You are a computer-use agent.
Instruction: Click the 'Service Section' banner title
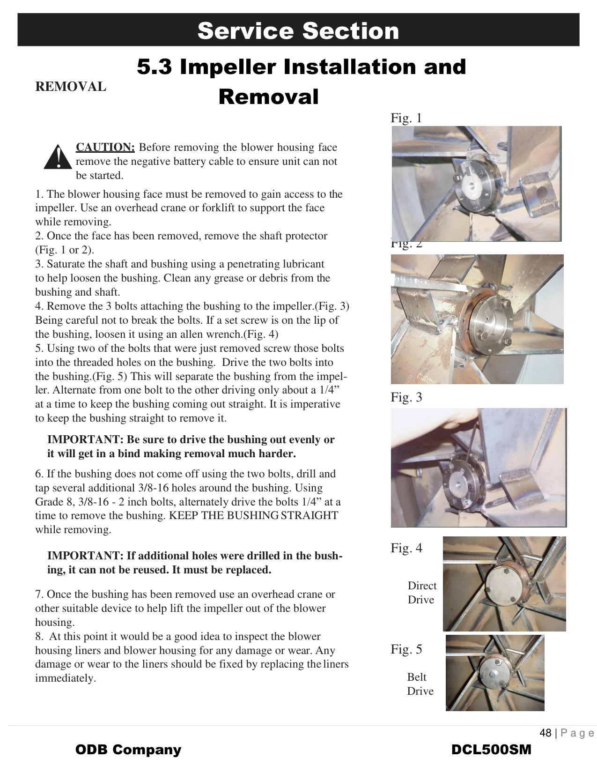298,31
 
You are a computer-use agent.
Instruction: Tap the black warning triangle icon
58,157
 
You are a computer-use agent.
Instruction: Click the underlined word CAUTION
105,147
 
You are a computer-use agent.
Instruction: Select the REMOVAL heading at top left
71,87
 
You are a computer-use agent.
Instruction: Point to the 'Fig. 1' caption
406,118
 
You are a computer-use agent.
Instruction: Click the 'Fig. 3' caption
406,397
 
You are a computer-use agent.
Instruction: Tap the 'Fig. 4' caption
406,548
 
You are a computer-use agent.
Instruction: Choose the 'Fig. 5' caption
406,649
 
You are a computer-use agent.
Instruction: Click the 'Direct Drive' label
421,593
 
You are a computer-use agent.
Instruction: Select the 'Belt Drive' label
420,684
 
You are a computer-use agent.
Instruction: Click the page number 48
545,733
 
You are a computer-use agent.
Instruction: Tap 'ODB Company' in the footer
128,750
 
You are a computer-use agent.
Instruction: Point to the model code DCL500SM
491,750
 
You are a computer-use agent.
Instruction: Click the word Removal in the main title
268,97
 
